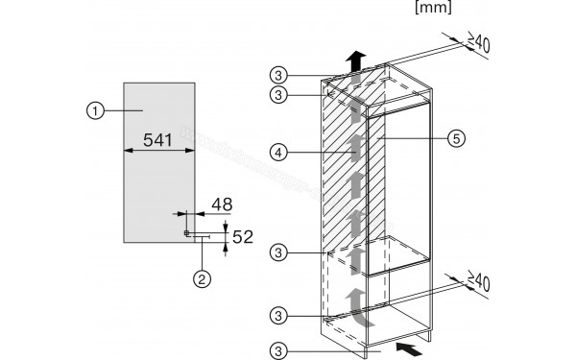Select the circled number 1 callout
pos(92,111)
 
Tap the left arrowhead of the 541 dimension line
pos(126,152)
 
